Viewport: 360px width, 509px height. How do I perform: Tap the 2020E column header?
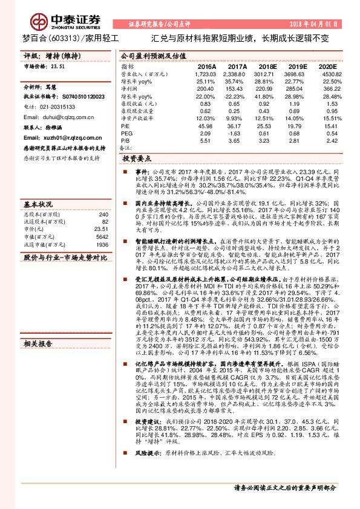327,66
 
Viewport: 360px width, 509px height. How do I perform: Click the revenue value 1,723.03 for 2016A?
206,73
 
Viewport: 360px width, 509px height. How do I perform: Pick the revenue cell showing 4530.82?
327,73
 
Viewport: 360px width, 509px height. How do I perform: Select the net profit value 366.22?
327,88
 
